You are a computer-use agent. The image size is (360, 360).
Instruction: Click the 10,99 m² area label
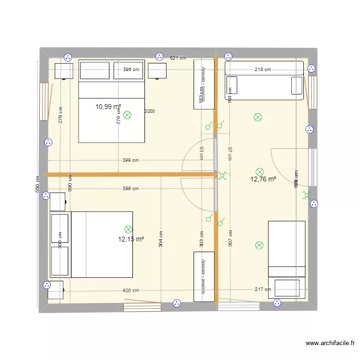[x=108, y=107]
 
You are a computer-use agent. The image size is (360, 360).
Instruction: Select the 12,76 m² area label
[x=263, y=180]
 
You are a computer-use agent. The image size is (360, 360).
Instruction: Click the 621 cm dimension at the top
[x=178, y=58]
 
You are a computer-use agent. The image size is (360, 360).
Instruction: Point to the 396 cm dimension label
[x=131, y=70]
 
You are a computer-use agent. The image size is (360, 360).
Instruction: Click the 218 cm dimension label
[x=263, y=70]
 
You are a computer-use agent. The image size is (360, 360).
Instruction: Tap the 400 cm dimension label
[x=131, y=290]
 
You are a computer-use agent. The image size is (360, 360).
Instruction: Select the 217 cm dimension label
[x=263, y=289]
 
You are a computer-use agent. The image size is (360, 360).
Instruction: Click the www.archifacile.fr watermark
[x=330, y=343]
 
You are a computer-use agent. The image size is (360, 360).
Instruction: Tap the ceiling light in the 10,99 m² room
[x=127, y=115]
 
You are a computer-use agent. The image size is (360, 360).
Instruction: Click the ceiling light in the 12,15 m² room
[x=128, y=229]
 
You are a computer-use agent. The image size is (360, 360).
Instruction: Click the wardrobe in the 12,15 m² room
[x=204, y=276]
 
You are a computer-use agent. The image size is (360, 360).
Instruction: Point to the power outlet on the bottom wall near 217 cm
[x=276, y=303]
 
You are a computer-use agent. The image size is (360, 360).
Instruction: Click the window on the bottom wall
[x=142, y=307]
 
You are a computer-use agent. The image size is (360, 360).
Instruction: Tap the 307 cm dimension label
[x=230, y=239]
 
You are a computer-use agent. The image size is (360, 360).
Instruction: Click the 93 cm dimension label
[x=202, y=153]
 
